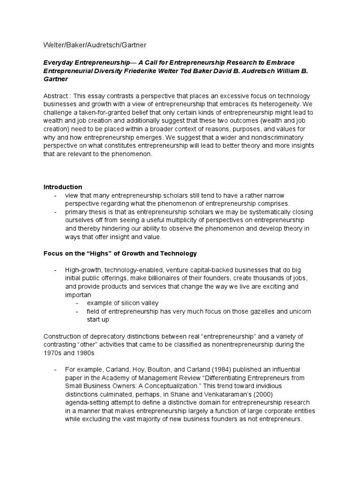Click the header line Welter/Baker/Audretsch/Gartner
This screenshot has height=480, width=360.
click(95, 45)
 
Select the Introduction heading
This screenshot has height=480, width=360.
click(62, 187)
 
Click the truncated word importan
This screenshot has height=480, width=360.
click(78, 295)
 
